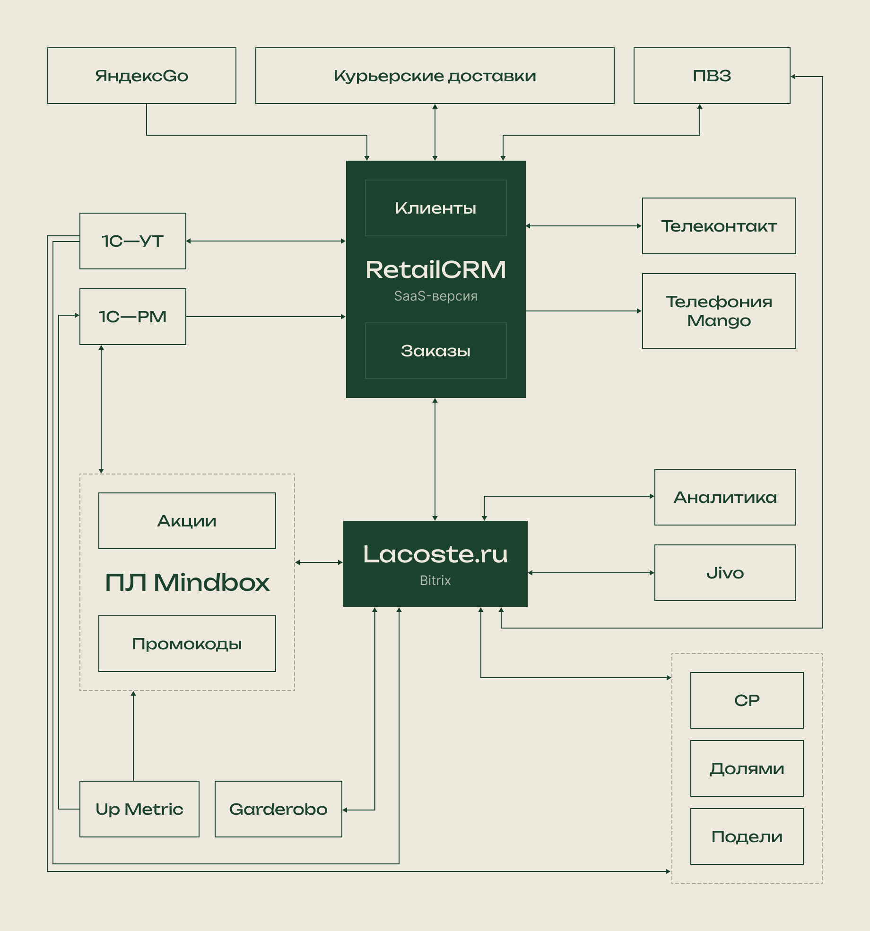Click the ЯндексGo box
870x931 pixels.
(142, 76)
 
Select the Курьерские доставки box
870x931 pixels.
(435, 76)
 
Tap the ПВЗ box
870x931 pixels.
(712, 76)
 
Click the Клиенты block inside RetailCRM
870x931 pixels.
(435, 208)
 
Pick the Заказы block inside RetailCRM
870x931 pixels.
(435, 351)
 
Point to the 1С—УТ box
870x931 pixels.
(133, 241)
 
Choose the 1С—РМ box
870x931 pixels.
(133, 317)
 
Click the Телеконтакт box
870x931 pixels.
(719, 226)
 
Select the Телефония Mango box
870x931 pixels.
(719, 311)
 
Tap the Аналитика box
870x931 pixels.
(725, 497)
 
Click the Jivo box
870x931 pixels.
(725, 573)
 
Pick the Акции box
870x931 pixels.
(187, 521)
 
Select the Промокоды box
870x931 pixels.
(187, 644)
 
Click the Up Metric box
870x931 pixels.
(139, 809)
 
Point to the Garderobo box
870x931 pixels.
(278, 809)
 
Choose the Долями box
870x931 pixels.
(747, 768)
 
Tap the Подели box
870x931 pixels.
(747, 836)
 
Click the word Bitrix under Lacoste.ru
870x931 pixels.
(435, 580)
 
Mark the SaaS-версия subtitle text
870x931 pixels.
(435, 296)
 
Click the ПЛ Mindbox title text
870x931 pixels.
(187, 582)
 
